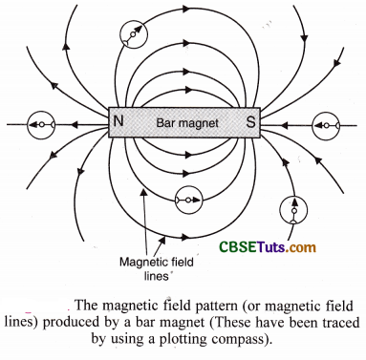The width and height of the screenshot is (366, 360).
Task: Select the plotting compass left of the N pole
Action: [x=40, y=124]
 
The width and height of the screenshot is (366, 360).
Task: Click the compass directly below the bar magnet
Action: [x=187, y=200]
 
